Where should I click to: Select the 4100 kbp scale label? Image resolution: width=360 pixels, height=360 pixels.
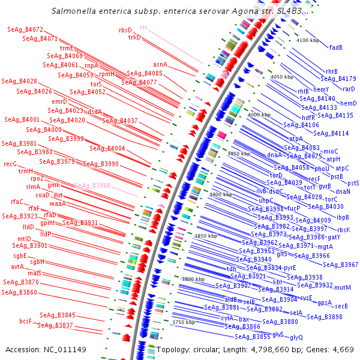tap(308, 40)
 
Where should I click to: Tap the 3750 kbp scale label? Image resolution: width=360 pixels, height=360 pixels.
tap(184, 322)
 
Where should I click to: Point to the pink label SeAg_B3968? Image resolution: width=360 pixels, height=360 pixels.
tap(92, 186)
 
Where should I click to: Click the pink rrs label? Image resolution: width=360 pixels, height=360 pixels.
tap(143, 28)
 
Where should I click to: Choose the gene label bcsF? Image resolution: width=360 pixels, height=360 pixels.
tap(25, 321)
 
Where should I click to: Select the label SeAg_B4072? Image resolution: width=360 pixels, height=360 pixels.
tap(25, 29)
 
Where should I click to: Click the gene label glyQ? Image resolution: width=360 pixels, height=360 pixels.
tap(296, 338)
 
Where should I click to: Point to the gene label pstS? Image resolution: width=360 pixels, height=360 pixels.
tap(353, 183)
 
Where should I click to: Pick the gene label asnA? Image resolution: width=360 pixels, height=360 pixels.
tap(160, 64)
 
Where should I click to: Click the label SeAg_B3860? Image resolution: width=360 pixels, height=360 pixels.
tap(19, 293)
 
